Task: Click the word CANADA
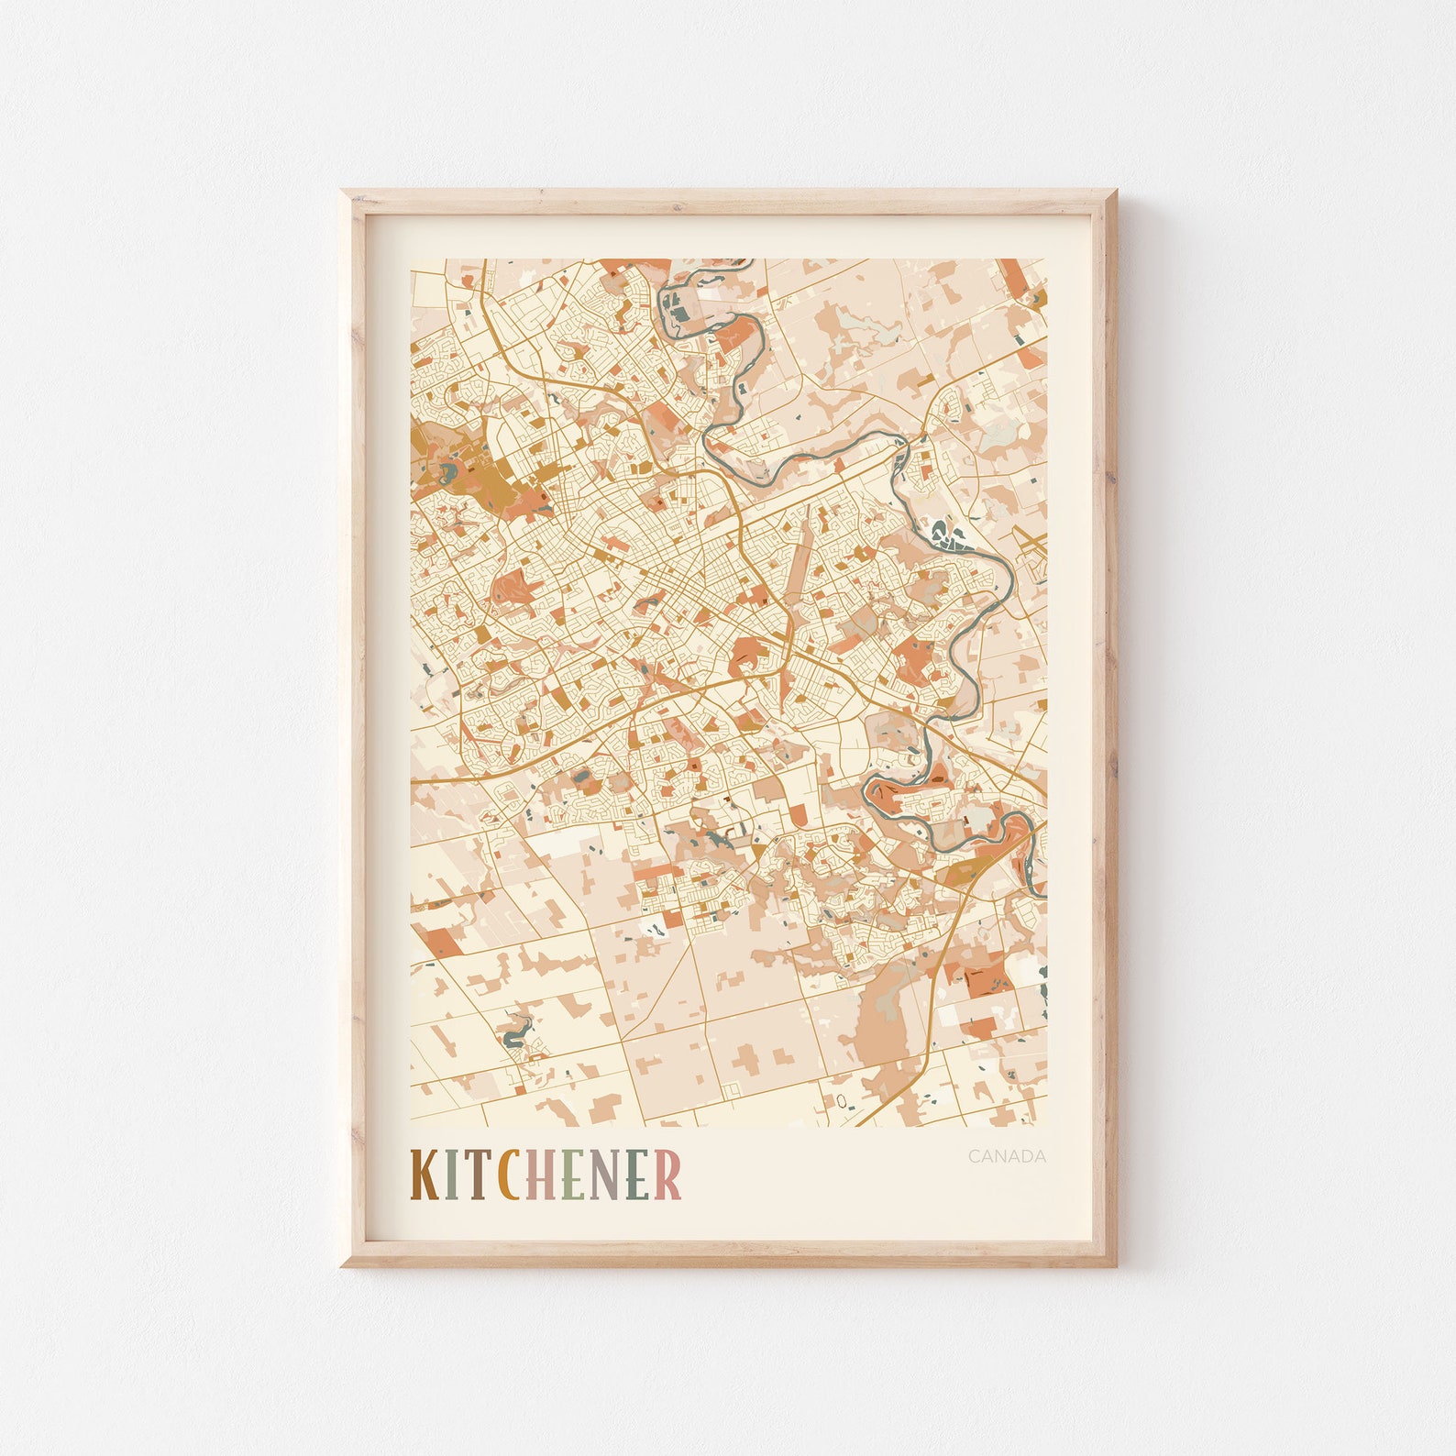tap(1007, 1156)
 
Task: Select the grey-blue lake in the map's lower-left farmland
tap(514, 1037)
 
